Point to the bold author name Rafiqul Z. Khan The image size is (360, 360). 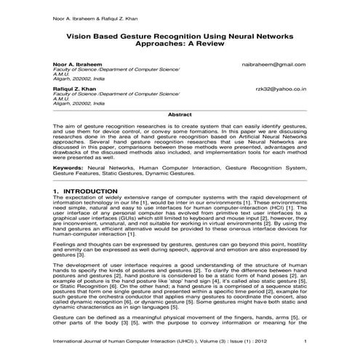click(x=74, y=88)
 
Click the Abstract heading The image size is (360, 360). click(x=180, y=114)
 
